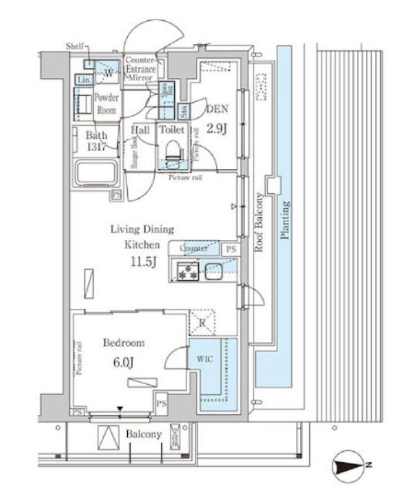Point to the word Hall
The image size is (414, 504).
[x=140, y=130]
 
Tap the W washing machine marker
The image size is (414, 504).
[x=108, y=73]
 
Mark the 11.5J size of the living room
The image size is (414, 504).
[x=143, y=261]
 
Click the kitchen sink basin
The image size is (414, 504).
[x=215, y=271]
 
